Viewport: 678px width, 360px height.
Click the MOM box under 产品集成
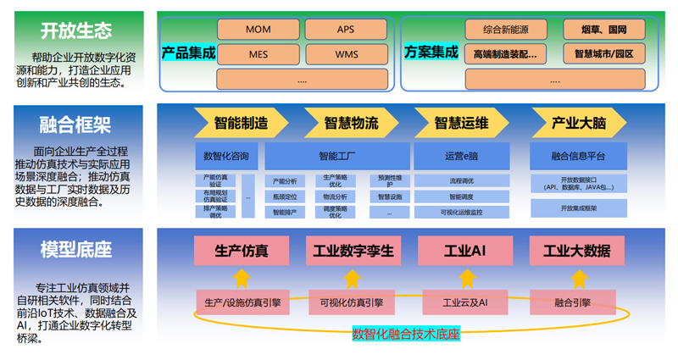click(258, 30)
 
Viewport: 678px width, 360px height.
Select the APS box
click(346, 30)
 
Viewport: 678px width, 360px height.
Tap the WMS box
click(346, 54)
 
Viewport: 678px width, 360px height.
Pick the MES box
click(258, 54)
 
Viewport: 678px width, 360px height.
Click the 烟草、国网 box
click(604, 30)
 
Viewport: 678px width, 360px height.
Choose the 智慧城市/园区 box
click(604, 54)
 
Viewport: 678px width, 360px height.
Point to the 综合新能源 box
click(506, 30)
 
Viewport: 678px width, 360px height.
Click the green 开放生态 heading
click(76, 31)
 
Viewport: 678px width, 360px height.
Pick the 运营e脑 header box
click(461, 156)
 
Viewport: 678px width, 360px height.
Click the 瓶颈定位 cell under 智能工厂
click(285, 197)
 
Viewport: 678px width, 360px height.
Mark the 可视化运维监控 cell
click(461, 212)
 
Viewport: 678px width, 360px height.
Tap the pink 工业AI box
click(464, 251)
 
